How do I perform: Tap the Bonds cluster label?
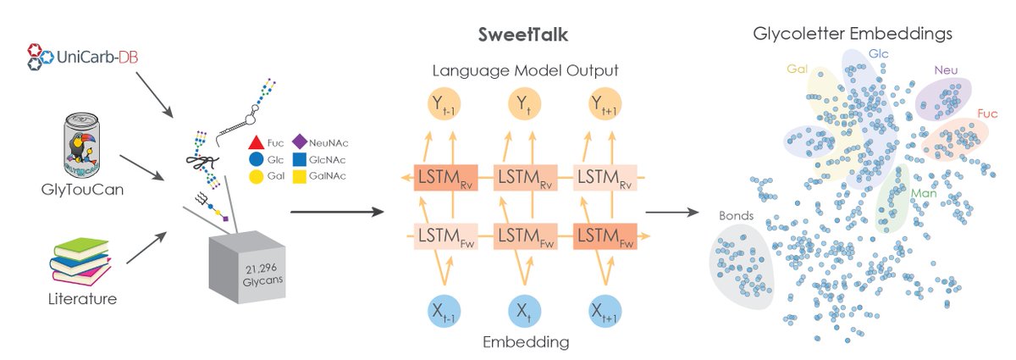734,215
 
